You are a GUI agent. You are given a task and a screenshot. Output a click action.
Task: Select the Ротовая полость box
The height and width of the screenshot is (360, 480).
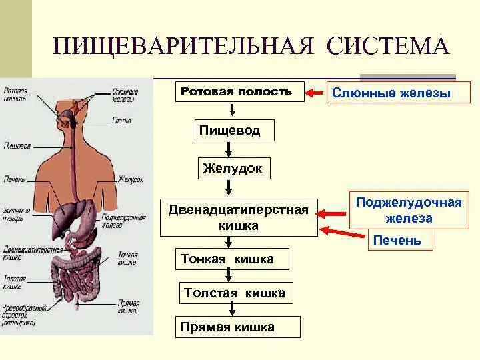[x=237, y=92]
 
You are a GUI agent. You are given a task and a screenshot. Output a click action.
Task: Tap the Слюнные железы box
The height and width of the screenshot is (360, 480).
[x=392, y=93]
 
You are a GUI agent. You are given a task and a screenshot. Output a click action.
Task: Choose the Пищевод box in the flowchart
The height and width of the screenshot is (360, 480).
[x=229, y=130]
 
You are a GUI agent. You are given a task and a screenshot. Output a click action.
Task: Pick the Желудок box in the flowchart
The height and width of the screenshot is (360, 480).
[x=233, y=169]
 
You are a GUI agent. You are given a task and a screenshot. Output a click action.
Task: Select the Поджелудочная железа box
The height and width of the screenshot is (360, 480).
[x=408, y=210]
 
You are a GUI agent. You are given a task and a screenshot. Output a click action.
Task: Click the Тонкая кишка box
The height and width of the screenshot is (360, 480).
[x=227, y=259]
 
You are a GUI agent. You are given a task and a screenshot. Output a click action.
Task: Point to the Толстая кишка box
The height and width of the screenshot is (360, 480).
[x=234, y=293]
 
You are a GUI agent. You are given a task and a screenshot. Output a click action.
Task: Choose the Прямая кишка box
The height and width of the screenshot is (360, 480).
[x=227, y=327]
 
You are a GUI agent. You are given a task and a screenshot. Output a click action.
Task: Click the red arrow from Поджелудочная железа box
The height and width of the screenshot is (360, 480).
[x=333, y=214]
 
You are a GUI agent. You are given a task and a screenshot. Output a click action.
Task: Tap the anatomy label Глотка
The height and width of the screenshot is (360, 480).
[x=121, y=121]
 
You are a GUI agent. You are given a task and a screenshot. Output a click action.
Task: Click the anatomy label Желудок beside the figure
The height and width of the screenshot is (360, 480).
[x=129, y=179]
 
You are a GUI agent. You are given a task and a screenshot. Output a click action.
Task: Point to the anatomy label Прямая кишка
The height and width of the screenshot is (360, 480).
[x=128, y=307]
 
